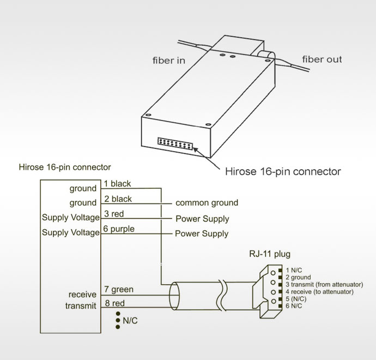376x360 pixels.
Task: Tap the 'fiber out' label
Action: (x=322, y=59)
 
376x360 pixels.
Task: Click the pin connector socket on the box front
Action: (x=175, y=143)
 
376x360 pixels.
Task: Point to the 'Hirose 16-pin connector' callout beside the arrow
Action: (x=283, y=172)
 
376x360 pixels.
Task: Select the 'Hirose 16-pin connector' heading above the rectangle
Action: (x=64, y=166)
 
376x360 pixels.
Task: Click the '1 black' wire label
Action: (x=117, y=184)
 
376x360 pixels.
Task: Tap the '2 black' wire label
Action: (x=118, y=199)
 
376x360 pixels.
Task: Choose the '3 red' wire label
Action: (x=113, y=214)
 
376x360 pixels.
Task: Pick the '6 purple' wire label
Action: (x=119, y=229)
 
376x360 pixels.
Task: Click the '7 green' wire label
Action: (x=118, y=290)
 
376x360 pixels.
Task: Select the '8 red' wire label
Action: (x=114, y=303)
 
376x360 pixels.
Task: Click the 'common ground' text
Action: (x=207, y=203)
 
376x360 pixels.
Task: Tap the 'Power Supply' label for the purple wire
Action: (x=202, y=233)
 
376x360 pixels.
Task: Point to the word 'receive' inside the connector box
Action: (x=82, y=295)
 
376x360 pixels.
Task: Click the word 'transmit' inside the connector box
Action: (x=81, y=306)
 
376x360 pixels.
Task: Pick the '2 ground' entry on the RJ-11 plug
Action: (x=298, y=278)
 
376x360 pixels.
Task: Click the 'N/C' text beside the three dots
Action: (x=130, y=321)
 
